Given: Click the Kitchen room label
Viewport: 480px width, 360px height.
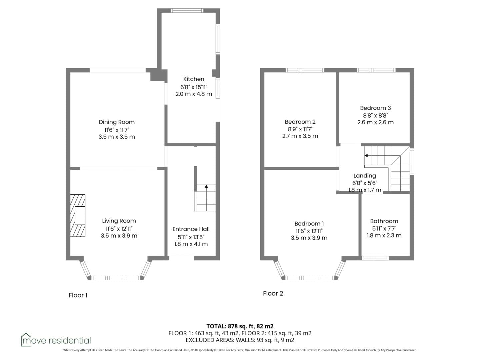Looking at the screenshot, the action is (x=194, y=79).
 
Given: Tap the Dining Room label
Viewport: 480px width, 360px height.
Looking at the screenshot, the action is (x=117, y=122).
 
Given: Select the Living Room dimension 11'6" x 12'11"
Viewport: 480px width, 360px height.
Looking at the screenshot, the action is (x=119, y=229).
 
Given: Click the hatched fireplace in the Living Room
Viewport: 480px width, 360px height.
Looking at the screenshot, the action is (x=78, y=216).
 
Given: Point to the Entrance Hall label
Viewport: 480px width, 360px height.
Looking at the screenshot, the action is (x=191, y=229).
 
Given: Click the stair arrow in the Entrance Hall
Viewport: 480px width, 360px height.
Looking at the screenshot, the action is (x=206, y=198).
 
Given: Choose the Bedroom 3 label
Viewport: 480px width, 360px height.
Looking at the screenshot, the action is (x=375, y=108).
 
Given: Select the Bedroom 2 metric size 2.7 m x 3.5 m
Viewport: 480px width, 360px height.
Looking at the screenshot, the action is (x=300, y=136).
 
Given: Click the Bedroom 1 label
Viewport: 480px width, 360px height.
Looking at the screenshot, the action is (x=309, y=224).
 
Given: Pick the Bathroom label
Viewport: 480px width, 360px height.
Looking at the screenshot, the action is (x=384, y=221).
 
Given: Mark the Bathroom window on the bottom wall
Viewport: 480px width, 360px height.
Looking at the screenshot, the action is (x=375, y=258).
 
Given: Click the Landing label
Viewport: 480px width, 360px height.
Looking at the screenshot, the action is (x=365, y=176).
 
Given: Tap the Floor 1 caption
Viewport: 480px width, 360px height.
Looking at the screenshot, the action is (x=78, y=295).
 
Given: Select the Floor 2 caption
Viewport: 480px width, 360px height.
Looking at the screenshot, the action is (x=273, y=293).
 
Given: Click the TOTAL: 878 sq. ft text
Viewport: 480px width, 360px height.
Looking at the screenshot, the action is (x=230, y=326).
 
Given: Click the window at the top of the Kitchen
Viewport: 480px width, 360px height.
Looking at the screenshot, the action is (x=187, y=10).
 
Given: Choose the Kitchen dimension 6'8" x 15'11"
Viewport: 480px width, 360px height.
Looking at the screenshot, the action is (x=194, y=87).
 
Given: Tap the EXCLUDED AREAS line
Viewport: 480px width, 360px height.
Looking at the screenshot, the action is (x=240, y=340).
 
